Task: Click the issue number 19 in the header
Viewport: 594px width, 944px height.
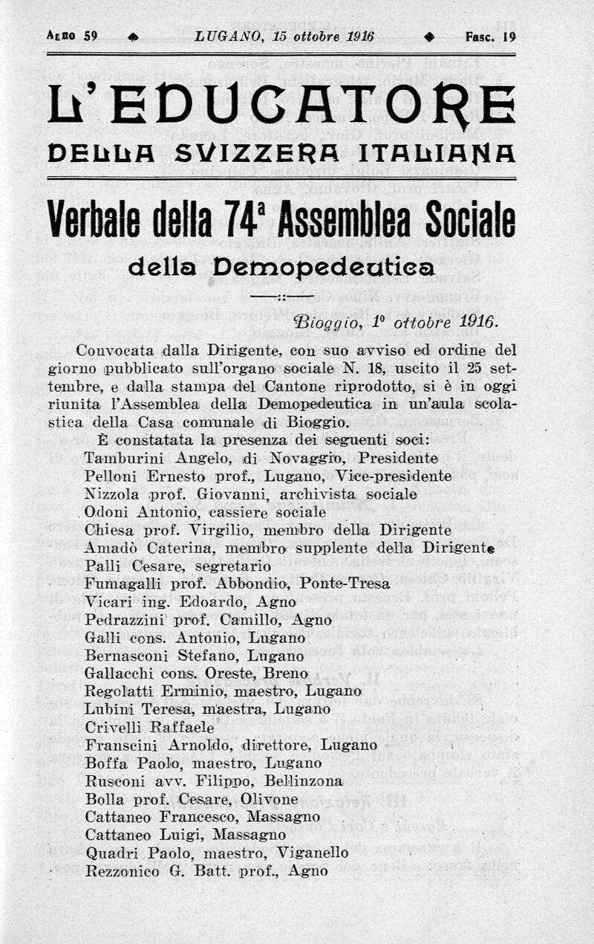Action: [509, 36]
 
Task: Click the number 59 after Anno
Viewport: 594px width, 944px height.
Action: [91, 36]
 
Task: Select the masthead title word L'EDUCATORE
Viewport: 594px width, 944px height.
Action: [281, 105]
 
